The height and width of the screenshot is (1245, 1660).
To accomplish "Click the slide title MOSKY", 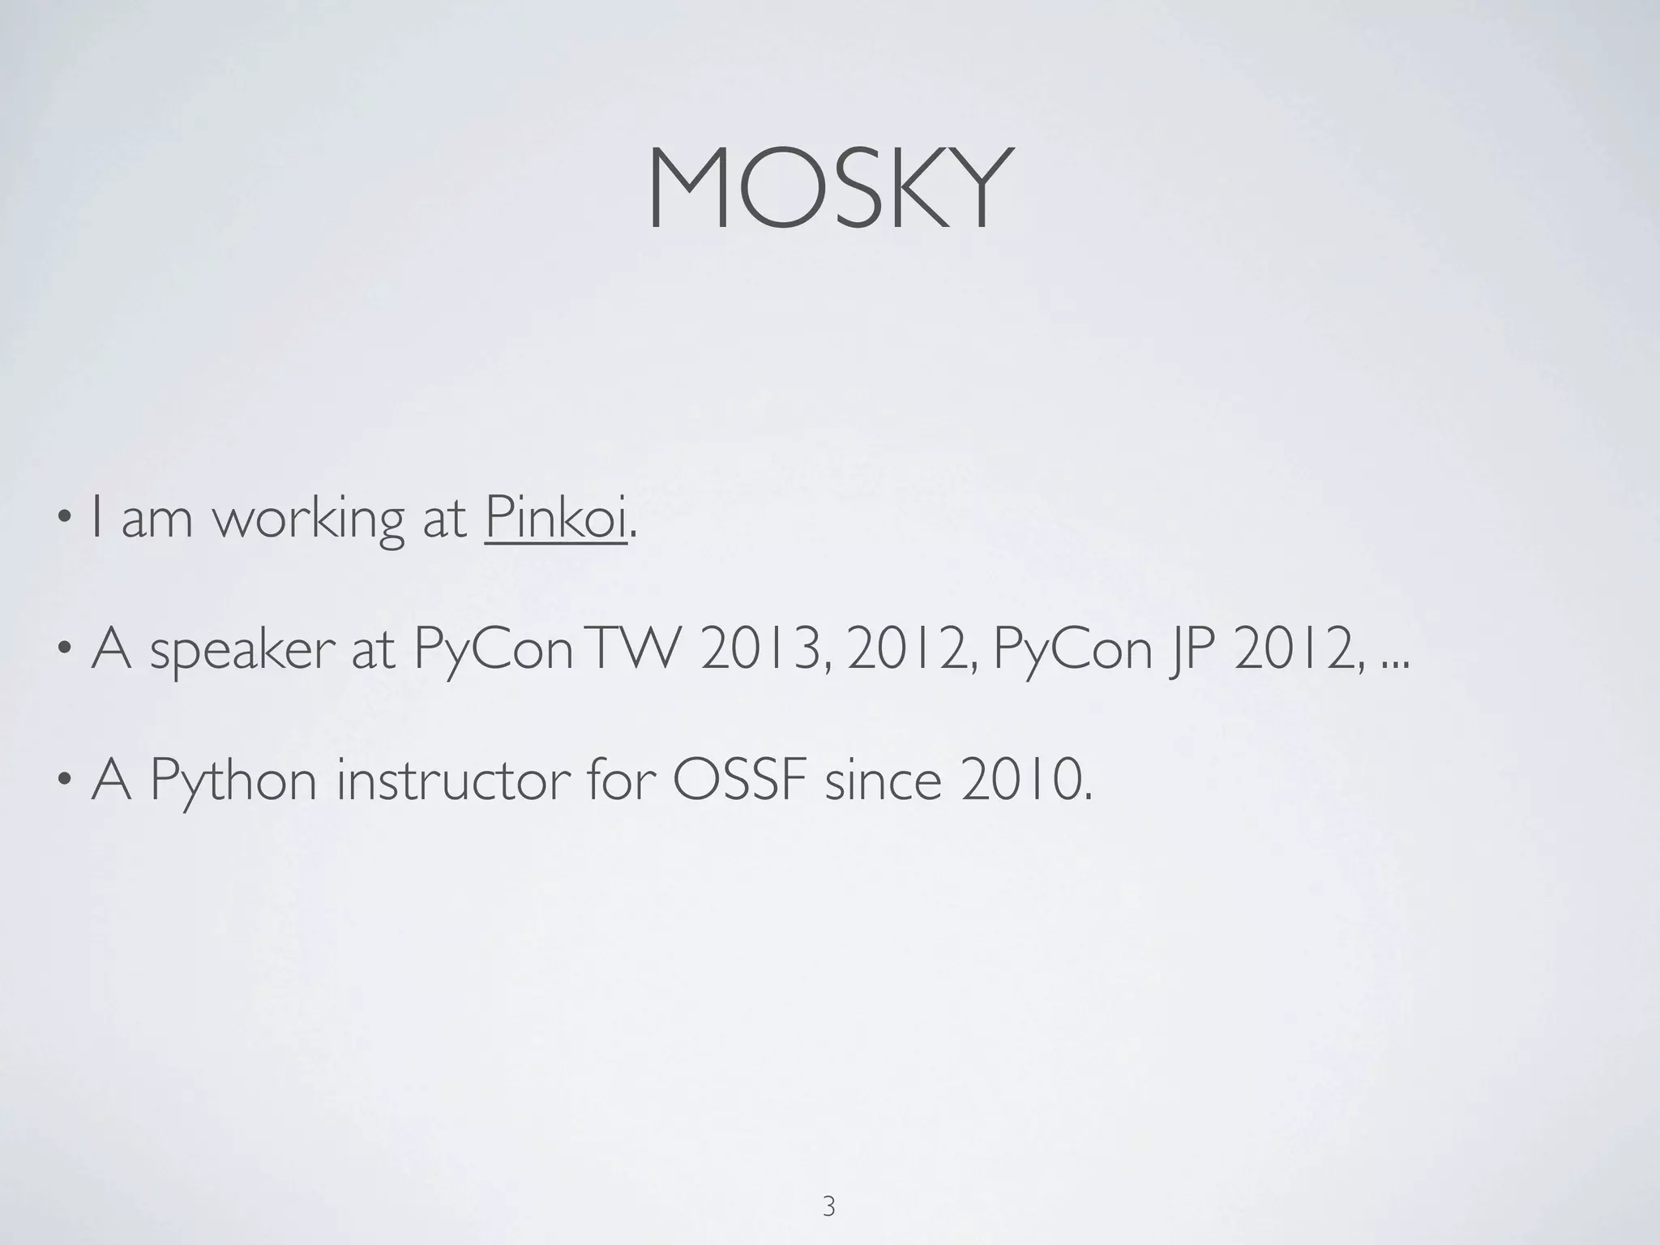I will click(829, 190).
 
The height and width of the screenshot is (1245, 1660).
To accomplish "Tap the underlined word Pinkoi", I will click(556, 519).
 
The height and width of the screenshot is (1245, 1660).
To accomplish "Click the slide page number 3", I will click(828, 1184).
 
